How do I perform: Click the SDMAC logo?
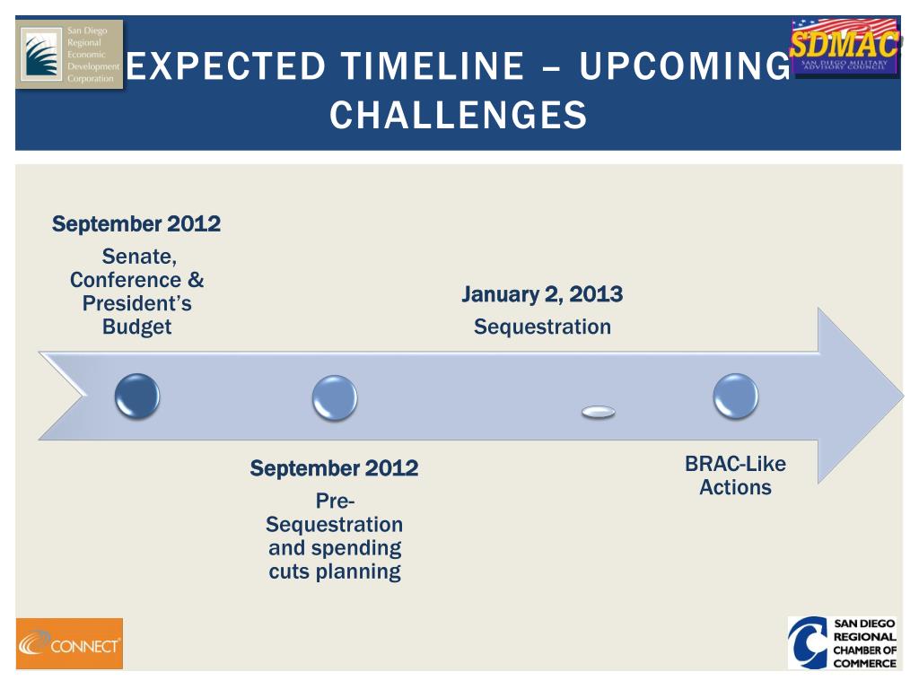click(844, 47)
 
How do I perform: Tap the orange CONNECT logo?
click(69, 643)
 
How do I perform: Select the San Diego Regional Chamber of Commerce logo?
click(843, 642)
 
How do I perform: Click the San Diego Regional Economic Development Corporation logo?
click(69, 55)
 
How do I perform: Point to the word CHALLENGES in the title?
click(459, 115)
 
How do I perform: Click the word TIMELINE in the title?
click(433, 65)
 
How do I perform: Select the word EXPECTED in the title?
click(225, 65)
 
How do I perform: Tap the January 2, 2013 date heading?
click(542, 294)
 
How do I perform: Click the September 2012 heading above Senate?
click(136, 223)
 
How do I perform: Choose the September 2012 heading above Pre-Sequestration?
click(334, 468)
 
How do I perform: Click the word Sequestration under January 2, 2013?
click(542, 327)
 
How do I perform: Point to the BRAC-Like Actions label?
click(735, 475)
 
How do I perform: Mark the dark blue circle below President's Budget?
click(137, 397)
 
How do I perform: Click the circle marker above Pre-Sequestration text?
click(335, 397)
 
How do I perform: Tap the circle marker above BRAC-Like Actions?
click(736, 397)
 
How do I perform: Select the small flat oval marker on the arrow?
click(599, 413)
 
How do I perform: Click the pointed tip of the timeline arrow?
click(903, 396)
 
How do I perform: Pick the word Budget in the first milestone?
click(136, 327)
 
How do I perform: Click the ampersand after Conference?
click(196, 280)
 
